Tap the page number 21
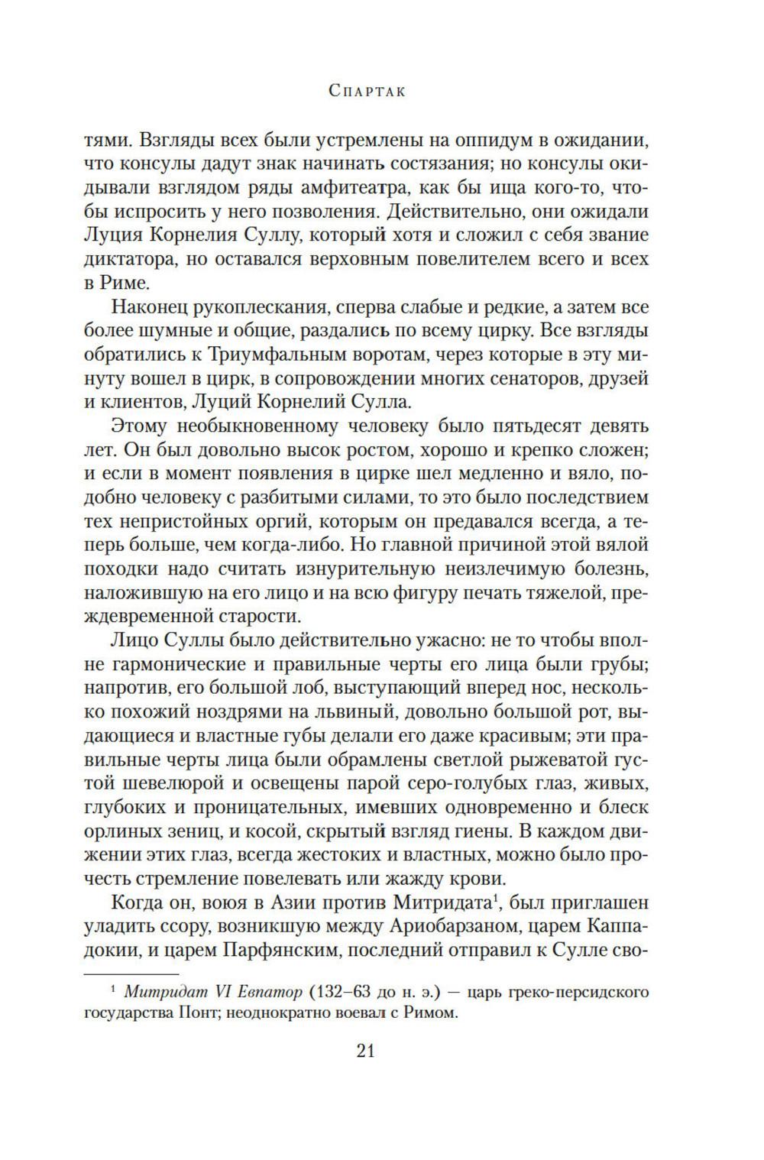(x=365, y=1051)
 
